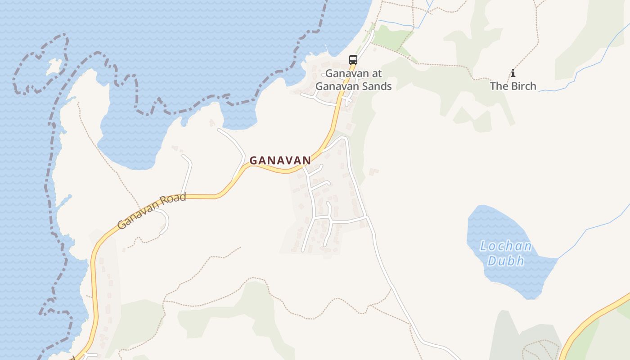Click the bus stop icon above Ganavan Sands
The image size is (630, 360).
coord(353,59)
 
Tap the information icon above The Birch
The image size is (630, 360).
coord(513,73)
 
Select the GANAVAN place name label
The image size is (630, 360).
coord(280,160)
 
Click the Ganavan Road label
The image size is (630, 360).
coord(152,211)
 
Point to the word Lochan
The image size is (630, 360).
coord(506,247)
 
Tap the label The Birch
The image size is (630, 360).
coord(513,86)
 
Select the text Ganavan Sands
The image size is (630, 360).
coord(354,86)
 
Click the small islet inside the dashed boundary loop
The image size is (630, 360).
coord(55,67)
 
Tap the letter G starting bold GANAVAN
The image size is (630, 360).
coord(253,161)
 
